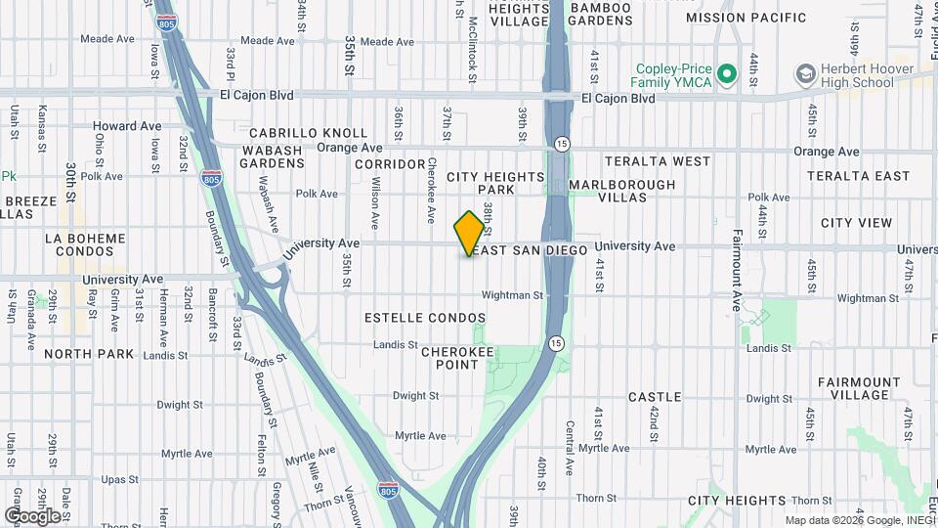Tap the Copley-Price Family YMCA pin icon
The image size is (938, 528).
coord(726,74)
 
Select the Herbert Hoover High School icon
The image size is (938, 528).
coord(806,74)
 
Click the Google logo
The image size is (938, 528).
coord(32,515)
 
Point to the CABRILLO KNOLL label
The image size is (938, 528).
coord(308,133)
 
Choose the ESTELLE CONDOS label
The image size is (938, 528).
coord(425,319)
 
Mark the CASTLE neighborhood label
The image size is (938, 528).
coord(655,397)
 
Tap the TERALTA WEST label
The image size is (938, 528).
coord(658,160)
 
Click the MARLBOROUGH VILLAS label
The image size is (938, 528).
coord(621,191)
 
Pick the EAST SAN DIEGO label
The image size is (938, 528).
coord(529,251)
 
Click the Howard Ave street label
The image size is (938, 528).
coord(127,126)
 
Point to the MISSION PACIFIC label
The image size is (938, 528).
coord(760,18)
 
